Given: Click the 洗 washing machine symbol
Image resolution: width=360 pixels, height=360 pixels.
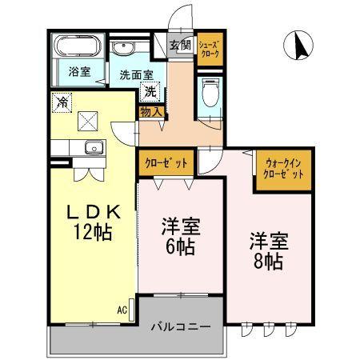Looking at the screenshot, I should [151, 91].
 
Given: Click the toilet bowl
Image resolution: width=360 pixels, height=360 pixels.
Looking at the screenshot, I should [209, 97].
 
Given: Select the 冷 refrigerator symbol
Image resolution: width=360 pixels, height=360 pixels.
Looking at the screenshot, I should [62, 102].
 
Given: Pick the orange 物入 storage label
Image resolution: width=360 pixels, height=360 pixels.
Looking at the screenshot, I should [151, 112].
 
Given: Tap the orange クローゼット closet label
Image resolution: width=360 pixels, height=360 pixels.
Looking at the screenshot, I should [166, 162].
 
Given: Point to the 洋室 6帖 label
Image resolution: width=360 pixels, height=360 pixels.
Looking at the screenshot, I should [181, 237].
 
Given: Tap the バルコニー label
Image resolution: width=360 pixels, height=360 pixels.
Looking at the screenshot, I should [182, 327].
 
